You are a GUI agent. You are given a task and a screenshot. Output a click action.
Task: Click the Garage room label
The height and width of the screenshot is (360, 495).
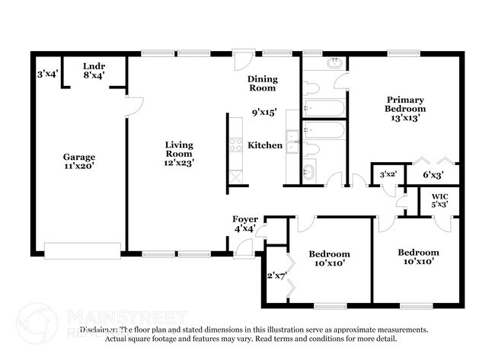[x=78, y=158]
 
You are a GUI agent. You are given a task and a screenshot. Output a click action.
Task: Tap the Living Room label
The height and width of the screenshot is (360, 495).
[x=180, y=149]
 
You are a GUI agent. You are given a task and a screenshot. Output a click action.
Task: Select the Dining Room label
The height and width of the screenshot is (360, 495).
[x=263, y=83]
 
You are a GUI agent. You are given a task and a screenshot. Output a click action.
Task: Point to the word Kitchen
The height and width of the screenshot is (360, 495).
[x=265, y=145]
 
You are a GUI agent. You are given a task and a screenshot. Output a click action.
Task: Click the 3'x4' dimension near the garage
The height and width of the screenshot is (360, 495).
[x=47, y=75]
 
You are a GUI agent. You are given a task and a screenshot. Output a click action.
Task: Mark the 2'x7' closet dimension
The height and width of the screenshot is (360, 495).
[x=275, y=276]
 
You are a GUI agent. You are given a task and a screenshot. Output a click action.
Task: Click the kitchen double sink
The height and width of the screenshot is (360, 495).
[x=292, y=144]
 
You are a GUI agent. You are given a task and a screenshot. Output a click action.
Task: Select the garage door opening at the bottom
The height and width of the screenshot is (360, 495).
[x=82, y=250]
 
